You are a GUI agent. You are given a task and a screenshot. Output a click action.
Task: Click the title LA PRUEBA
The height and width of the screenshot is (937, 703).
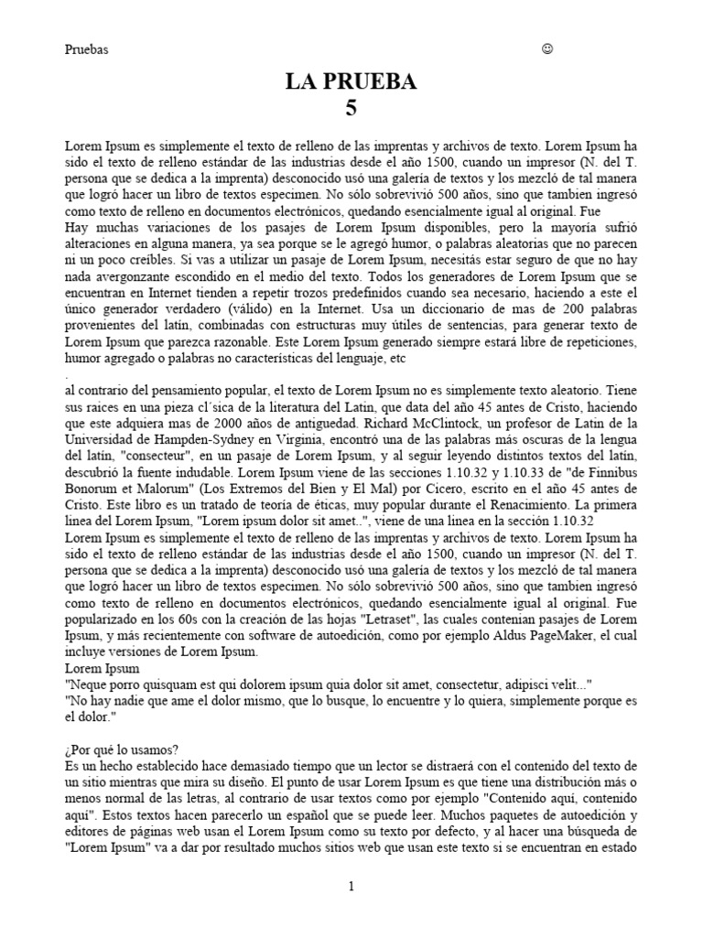[x=351, y=82]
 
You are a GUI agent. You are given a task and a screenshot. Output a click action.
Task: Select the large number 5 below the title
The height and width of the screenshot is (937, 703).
[x=351, y=109]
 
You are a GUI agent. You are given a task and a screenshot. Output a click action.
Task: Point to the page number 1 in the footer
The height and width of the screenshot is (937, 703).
[x=351, y=886]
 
